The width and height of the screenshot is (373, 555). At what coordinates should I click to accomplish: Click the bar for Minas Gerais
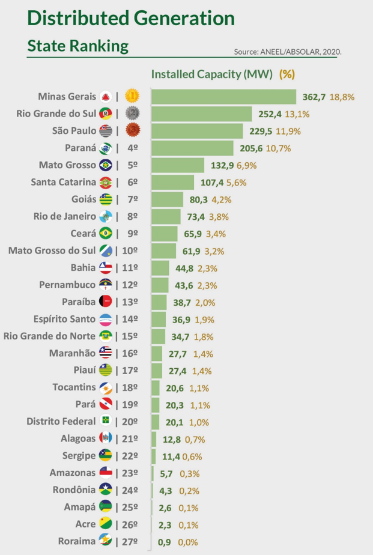point(223,97)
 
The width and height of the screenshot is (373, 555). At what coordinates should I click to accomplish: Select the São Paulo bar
point(197,131)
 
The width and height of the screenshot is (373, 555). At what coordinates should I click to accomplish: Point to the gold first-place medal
point(133,97)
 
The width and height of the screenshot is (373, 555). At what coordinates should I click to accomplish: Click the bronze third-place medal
point(133,131)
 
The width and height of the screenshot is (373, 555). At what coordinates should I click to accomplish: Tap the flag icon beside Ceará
point(106,233)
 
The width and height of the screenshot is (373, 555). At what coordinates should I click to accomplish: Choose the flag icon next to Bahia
point(106,267)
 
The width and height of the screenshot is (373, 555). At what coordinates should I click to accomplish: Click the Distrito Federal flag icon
point(106,421)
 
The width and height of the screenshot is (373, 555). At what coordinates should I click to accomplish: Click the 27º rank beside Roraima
point(133,541)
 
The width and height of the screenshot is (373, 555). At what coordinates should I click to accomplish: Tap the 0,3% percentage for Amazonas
point(187,473)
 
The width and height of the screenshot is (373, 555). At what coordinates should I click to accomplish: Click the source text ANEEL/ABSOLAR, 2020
point(288,52)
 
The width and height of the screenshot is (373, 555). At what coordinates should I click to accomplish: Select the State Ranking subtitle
point(78,46)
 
